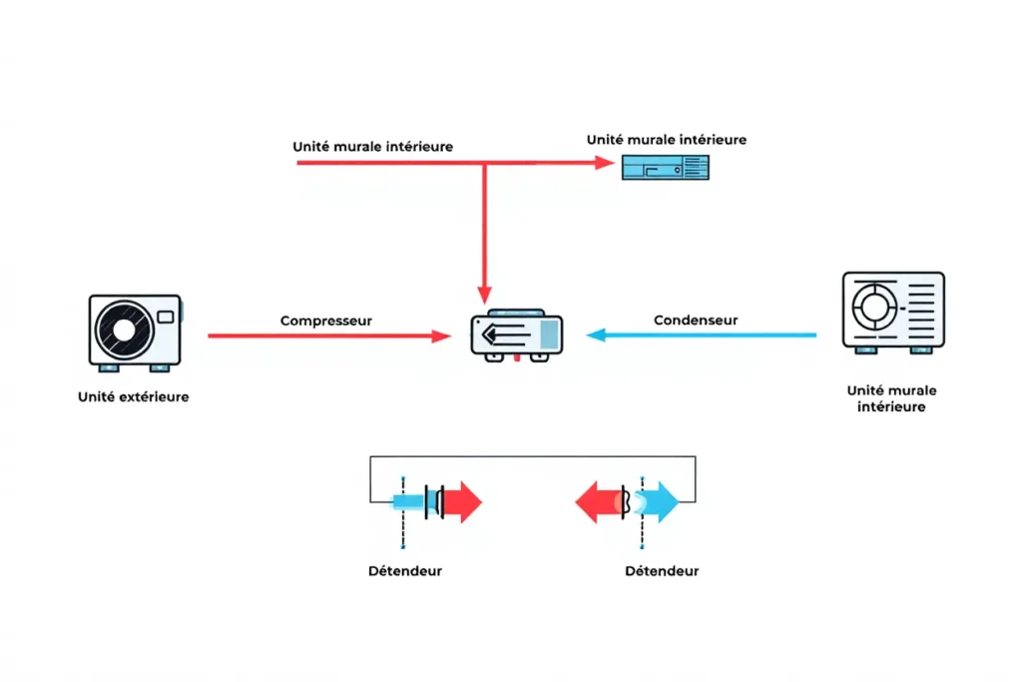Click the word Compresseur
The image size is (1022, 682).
(x=325, y=321)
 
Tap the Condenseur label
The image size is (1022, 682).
(x=696, y=320)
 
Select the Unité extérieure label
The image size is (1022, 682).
(x=133, y=396)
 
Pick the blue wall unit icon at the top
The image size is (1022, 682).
(x=666, y=167)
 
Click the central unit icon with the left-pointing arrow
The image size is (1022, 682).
(x=515, y=335)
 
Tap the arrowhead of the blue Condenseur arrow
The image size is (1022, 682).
(x=595, y=336)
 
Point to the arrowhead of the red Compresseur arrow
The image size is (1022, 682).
(x=442, y=337)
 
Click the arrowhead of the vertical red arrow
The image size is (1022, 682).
(x=484, y=295)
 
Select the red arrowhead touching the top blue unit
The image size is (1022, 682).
(x=605, y=162)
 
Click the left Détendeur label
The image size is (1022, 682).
(x=404, y=571)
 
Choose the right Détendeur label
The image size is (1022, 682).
(x=662, y=571)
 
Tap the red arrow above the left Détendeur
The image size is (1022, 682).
(x=462, y=501)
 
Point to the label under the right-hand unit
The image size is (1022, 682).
(x=890, y=398)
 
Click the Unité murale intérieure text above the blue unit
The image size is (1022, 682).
(x=666, y=140)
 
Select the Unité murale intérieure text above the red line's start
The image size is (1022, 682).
(x=372, y=146)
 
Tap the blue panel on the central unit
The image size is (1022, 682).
(x=548, y=334)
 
